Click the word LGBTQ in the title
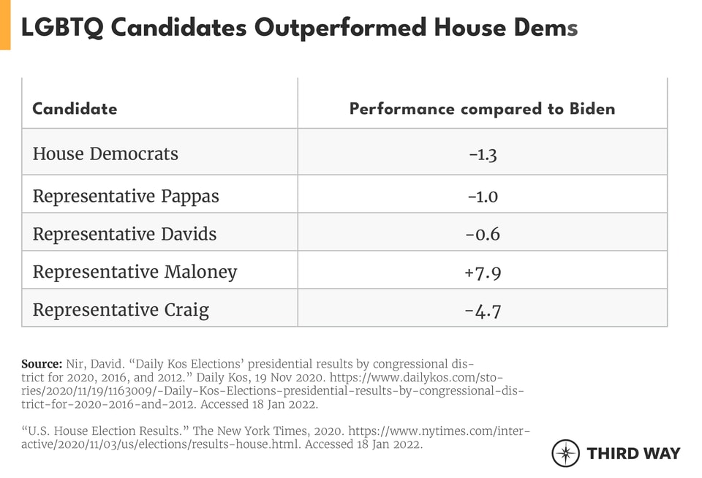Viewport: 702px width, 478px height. tap(62, 28)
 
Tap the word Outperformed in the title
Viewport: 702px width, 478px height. tap(341, 28)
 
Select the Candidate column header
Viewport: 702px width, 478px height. tap(75, 109)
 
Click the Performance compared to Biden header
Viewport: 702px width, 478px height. tap(482, 109)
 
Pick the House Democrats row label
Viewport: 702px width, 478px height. tap(105, 153)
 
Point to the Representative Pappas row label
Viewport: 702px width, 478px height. tap(126, 196)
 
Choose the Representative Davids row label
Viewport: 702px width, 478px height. tap(124, 234)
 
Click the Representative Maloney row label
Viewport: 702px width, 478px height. tap(135, 272)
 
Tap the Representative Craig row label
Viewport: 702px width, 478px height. tap(121, 310)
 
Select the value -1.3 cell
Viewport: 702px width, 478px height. tap(483, 153)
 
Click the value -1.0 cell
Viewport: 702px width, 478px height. tap(483, 196)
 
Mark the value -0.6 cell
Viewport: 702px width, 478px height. tap(483, 234)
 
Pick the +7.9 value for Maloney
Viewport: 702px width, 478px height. tap(483, 272)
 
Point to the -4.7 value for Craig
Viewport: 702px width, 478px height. tap(483, 310)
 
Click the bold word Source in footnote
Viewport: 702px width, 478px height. tap(41, 364)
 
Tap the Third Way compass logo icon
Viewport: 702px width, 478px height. tap(565, 453)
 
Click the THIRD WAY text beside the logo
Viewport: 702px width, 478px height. tap(633, 453)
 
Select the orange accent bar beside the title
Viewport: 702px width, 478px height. tap(5, 25)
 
